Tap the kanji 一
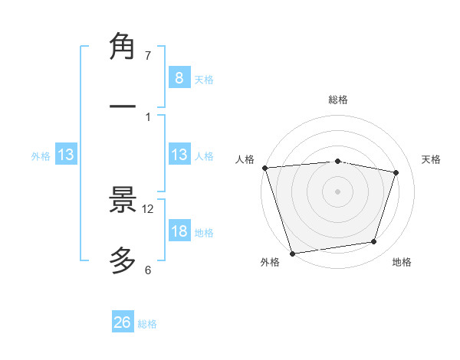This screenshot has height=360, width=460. (x=123, y=106)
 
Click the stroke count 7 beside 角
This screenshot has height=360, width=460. (x=148, y=56)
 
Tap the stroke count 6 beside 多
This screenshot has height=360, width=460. (x=148, y=270)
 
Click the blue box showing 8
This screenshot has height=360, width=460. (x=179, y=78)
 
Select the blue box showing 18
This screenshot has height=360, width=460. (x=179, y=231)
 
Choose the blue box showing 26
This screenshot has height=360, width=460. (x=123, y=322)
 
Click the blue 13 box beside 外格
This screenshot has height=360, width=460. (x=66, y=155)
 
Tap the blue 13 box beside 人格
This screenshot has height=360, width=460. (x=179, y=155)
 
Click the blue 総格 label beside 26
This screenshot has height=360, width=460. (x=148, y=324)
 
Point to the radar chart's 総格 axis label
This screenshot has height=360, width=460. (x=338, y=100)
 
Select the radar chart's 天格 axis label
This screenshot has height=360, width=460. (x=432, y=159)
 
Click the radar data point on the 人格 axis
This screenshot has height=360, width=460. (x=264, y=168)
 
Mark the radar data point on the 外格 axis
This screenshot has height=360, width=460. (x=292, y=253)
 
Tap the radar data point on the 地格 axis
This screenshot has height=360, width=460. (x=374, y=242)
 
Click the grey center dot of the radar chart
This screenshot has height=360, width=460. (x=337, y=191)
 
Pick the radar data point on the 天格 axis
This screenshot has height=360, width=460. (x=396, y=172)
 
